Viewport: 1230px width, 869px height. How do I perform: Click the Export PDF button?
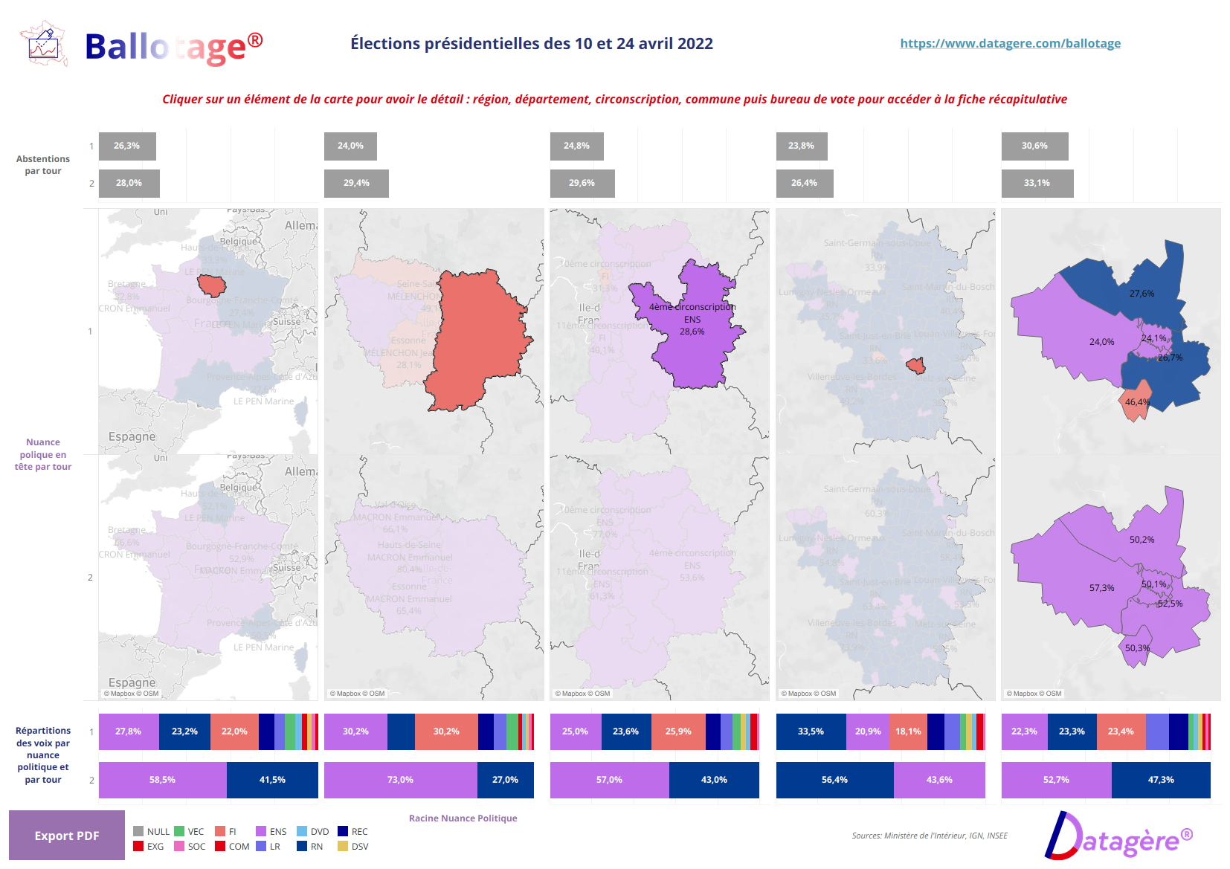[x=67, y=836]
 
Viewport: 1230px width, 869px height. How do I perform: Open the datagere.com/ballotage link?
[x=1010, y=43]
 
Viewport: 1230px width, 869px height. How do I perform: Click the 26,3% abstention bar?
[x=127, y=146]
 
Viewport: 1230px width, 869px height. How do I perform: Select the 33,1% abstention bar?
[x=1037, y=183]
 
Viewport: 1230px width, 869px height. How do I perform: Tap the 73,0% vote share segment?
[x=400, y=780]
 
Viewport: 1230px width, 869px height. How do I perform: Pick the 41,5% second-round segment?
[x=272, y=780]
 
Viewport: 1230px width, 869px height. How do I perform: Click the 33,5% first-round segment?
[x=811, y=731]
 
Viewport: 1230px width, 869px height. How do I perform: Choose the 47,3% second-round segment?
[x=1160, y=780]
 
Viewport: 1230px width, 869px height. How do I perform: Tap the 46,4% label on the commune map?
[x=1137, y=402]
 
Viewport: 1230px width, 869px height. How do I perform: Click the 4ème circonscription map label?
[x=692, y=307]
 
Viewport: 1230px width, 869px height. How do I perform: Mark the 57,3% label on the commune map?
[x=1101, y=588]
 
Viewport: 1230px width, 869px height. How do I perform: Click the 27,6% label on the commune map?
[x=1142, y=294]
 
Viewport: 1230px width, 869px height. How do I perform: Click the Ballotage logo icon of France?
[x=44, y=45]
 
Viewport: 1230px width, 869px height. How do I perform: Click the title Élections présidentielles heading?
[x=531, y=44]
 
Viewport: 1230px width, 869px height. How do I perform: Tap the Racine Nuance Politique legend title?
[x=463, y=818]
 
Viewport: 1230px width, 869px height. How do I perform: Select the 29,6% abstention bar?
[x=582, y=183]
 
